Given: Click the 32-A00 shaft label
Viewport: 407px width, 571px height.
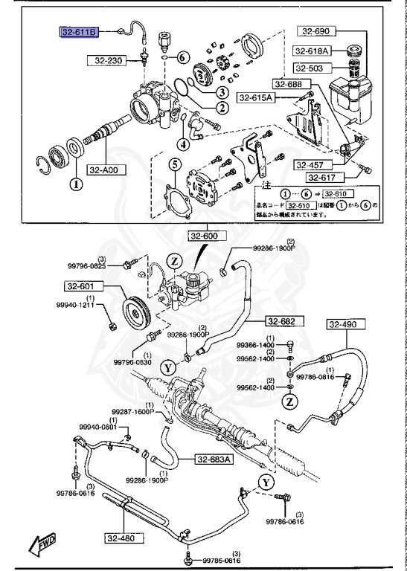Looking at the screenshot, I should click(106, 170).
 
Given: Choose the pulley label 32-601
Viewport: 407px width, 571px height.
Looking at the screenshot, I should click(83, 285).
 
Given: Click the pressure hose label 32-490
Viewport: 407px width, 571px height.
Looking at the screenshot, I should click(343, 324).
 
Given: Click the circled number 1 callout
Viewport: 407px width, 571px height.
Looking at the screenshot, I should click(74, 183).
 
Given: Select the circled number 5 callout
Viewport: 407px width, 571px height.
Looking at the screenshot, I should click(174, 164).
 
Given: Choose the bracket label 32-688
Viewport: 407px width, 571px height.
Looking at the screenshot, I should click(289, 84).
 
